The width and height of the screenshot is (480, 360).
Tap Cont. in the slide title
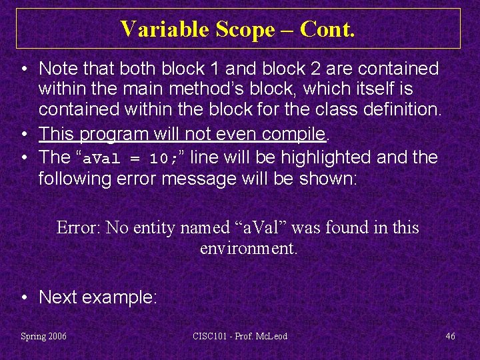327,29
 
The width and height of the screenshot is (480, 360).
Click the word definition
407,109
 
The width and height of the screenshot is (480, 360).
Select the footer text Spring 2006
44,336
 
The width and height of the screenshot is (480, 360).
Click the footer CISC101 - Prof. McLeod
239,336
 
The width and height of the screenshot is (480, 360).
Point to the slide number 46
450,336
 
